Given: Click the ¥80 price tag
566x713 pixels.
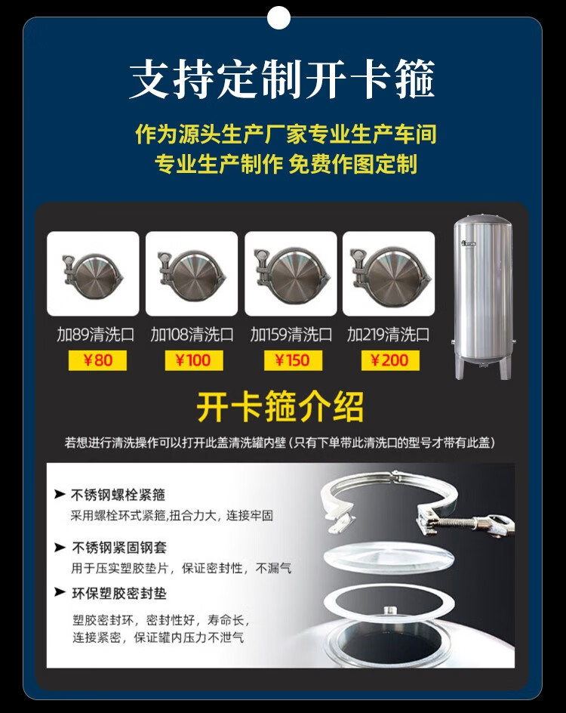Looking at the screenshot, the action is click(97, 360).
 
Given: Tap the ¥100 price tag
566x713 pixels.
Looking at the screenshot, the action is click(193, 360).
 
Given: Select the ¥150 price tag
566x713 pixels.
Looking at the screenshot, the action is click(293, 360).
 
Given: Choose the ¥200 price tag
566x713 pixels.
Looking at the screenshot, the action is click(390, 360).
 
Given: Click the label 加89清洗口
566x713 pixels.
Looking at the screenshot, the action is click(95, 335).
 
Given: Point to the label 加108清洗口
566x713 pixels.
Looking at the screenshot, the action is click(192, 335).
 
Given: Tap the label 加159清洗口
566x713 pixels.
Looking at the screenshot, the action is click(291, 335).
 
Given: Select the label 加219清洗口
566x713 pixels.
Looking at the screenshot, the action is click(389, 335).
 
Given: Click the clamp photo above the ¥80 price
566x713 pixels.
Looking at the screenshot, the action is click(93, 273).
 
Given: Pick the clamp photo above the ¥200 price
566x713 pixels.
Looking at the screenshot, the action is click(389, 273).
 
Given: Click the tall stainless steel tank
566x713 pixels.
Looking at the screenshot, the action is click(483, 297).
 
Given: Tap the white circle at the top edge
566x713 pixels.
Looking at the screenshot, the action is click(278, 17).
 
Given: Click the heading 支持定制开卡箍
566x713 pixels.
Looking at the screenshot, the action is click(282, 79).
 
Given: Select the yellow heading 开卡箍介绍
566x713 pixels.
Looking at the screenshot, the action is click(280, 406).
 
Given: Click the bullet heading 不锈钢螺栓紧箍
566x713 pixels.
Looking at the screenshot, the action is click(118, 494).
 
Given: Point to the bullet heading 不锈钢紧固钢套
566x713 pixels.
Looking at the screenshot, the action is click(119, 547).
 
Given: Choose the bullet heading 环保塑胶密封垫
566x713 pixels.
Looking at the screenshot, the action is click(119, 593).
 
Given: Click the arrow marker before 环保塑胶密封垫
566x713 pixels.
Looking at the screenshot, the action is click(60, 591).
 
